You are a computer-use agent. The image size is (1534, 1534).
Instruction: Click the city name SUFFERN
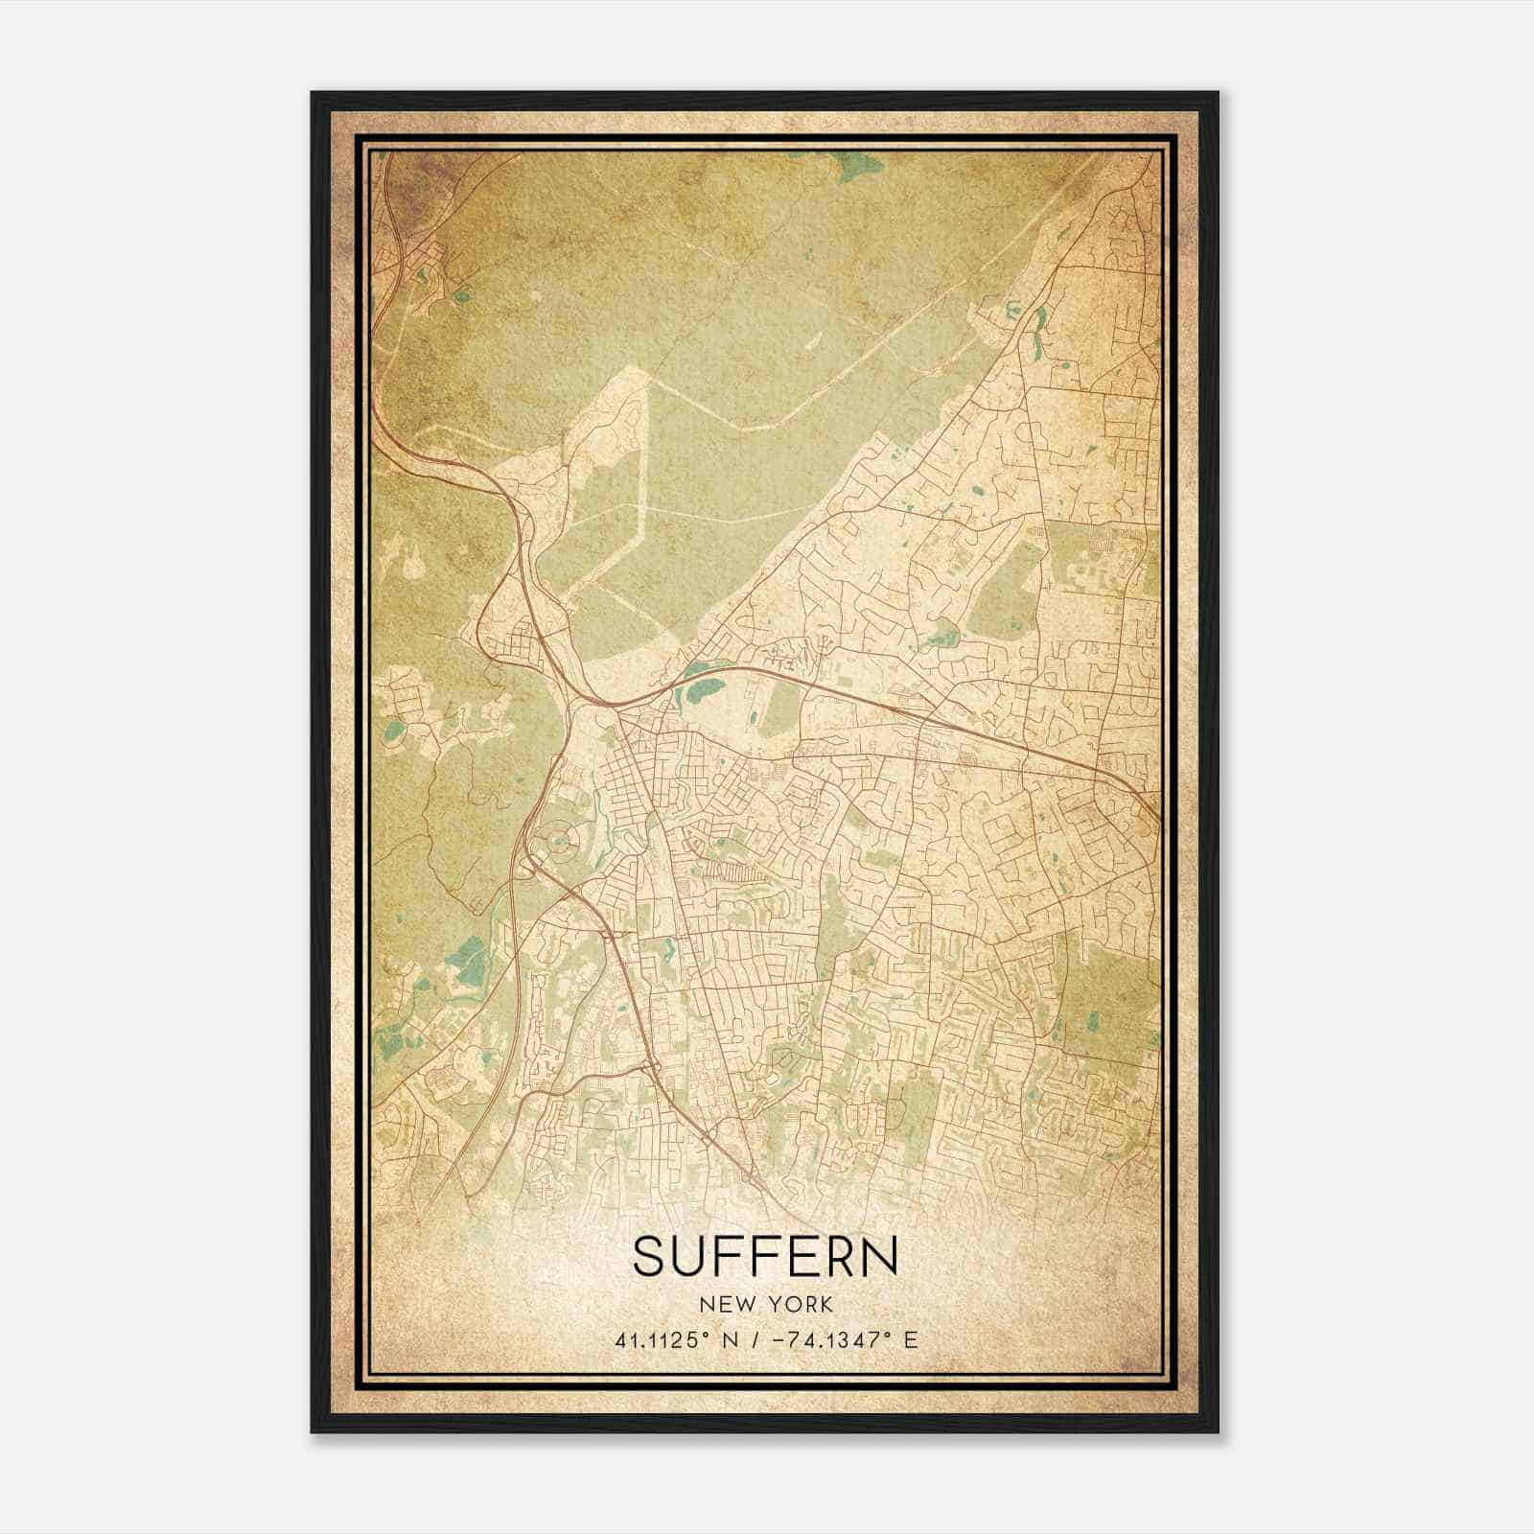click(766, 1256)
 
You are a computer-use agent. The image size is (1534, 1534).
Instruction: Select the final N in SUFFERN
click(880, 1256)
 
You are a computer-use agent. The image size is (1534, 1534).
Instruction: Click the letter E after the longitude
click(910, 1339)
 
